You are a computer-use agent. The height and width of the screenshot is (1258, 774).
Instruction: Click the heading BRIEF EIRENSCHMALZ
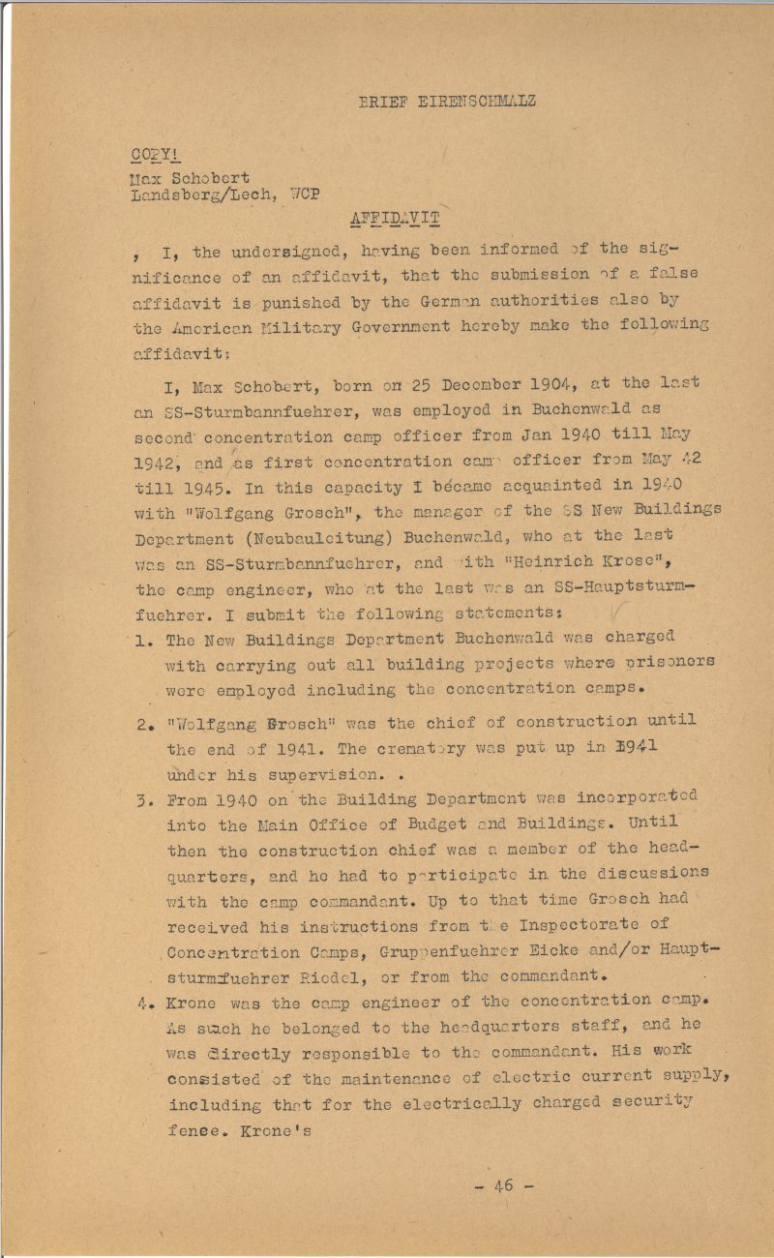pos(447,101)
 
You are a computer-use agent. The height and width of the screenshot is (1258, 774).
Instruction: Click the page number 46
pos(502,1186)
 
